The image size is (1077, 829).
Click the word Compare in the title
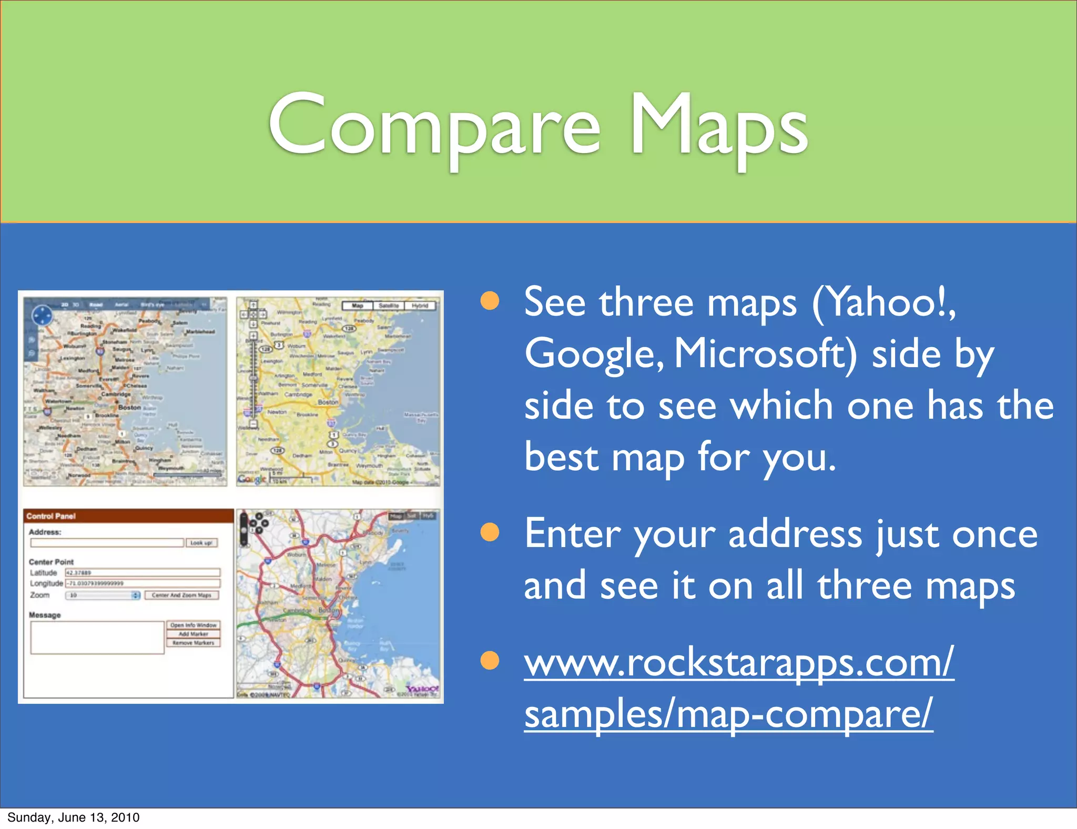coord(434,126)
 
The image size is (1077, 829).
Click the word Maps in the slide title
coord(718,126)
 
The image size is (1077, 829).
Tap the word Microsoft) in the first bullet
coord(766,353)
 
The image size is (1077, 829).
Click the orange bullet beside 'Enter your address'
coord(490,532)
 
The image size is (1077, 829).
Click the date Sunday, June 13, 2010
coord(74,817)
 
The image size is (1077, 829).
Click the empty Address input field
coord(107,542)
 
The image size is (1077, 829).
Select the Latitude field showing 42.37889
coord(142,572)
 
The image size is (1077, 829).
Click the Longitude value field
coord(142,583)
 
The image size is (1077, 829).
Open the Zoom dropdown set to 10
coord(103,595)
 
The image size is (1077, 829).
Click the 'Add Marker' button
coord(194,634)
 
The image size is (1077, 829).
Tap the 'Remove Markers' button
coord(194,643)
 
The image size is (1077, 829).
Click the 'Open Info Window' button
coord(194,625)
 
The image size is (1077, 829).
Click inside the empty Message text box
coord(97,638)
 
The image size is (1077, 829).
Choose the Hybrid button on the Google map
coord(420,306)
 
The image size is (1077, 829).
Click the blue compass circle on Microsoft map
coord(42,316)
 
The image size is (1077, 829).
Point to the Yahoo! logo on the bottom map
coord(422,689)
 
